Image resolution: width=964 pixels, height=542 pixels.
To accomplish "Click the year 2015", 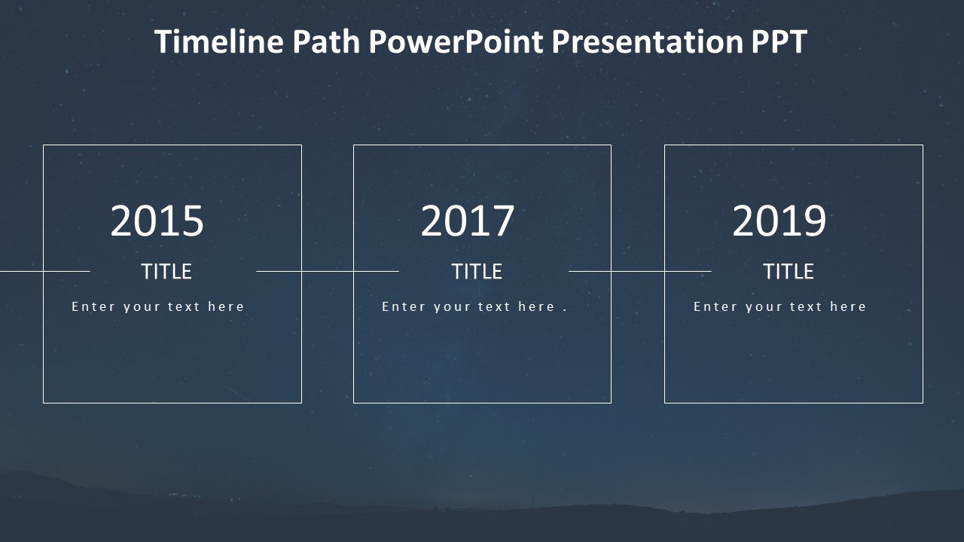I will [157, 221].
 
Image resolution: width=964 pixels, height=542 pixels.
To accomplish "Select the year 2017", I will [468, 221].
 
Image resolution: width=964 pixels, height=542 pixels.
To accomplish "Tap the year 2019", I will [779, 221].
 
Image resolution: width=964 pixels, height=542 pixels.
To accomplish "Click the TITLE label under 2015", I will [166, 272].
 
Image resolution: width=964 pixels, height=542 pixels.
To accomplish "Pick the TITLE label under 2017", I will [477, 272].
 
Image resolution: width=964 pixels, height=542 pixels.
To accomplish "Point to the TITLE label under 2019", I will [789, 272].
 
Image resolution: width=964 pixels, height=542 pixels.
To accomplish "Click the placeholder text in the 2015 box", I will [158, 306].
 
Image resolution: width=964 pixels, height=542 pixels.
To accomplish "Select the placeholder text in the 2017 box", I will [468, 306].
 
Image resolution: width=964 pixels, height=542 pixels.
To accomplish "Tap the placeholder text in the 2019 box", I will [780, 306].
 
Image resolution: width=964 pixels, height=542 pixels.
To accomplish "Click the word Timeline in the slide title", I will [218, 42].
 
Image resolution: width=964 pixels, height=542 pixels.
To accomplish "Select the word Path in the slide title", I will [326, 42].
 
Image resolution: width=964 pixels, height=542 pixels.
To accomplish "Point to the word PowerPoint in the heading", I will [456, 42].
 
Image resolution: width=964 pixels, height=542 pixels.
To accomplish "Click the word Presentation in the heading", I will [648, 42].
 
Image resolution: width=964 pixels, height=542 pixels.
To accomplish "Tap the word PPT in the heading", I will [779, 42].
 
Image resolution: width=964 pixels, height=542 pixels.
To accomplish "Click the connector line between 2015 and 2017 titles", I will [328, 271].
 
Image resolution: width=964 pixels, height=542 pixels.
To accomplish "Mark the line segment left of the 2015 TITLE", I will [45, 271].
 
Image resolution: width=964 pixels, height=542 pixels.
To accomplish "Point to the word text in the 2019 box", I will [804, 306].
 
